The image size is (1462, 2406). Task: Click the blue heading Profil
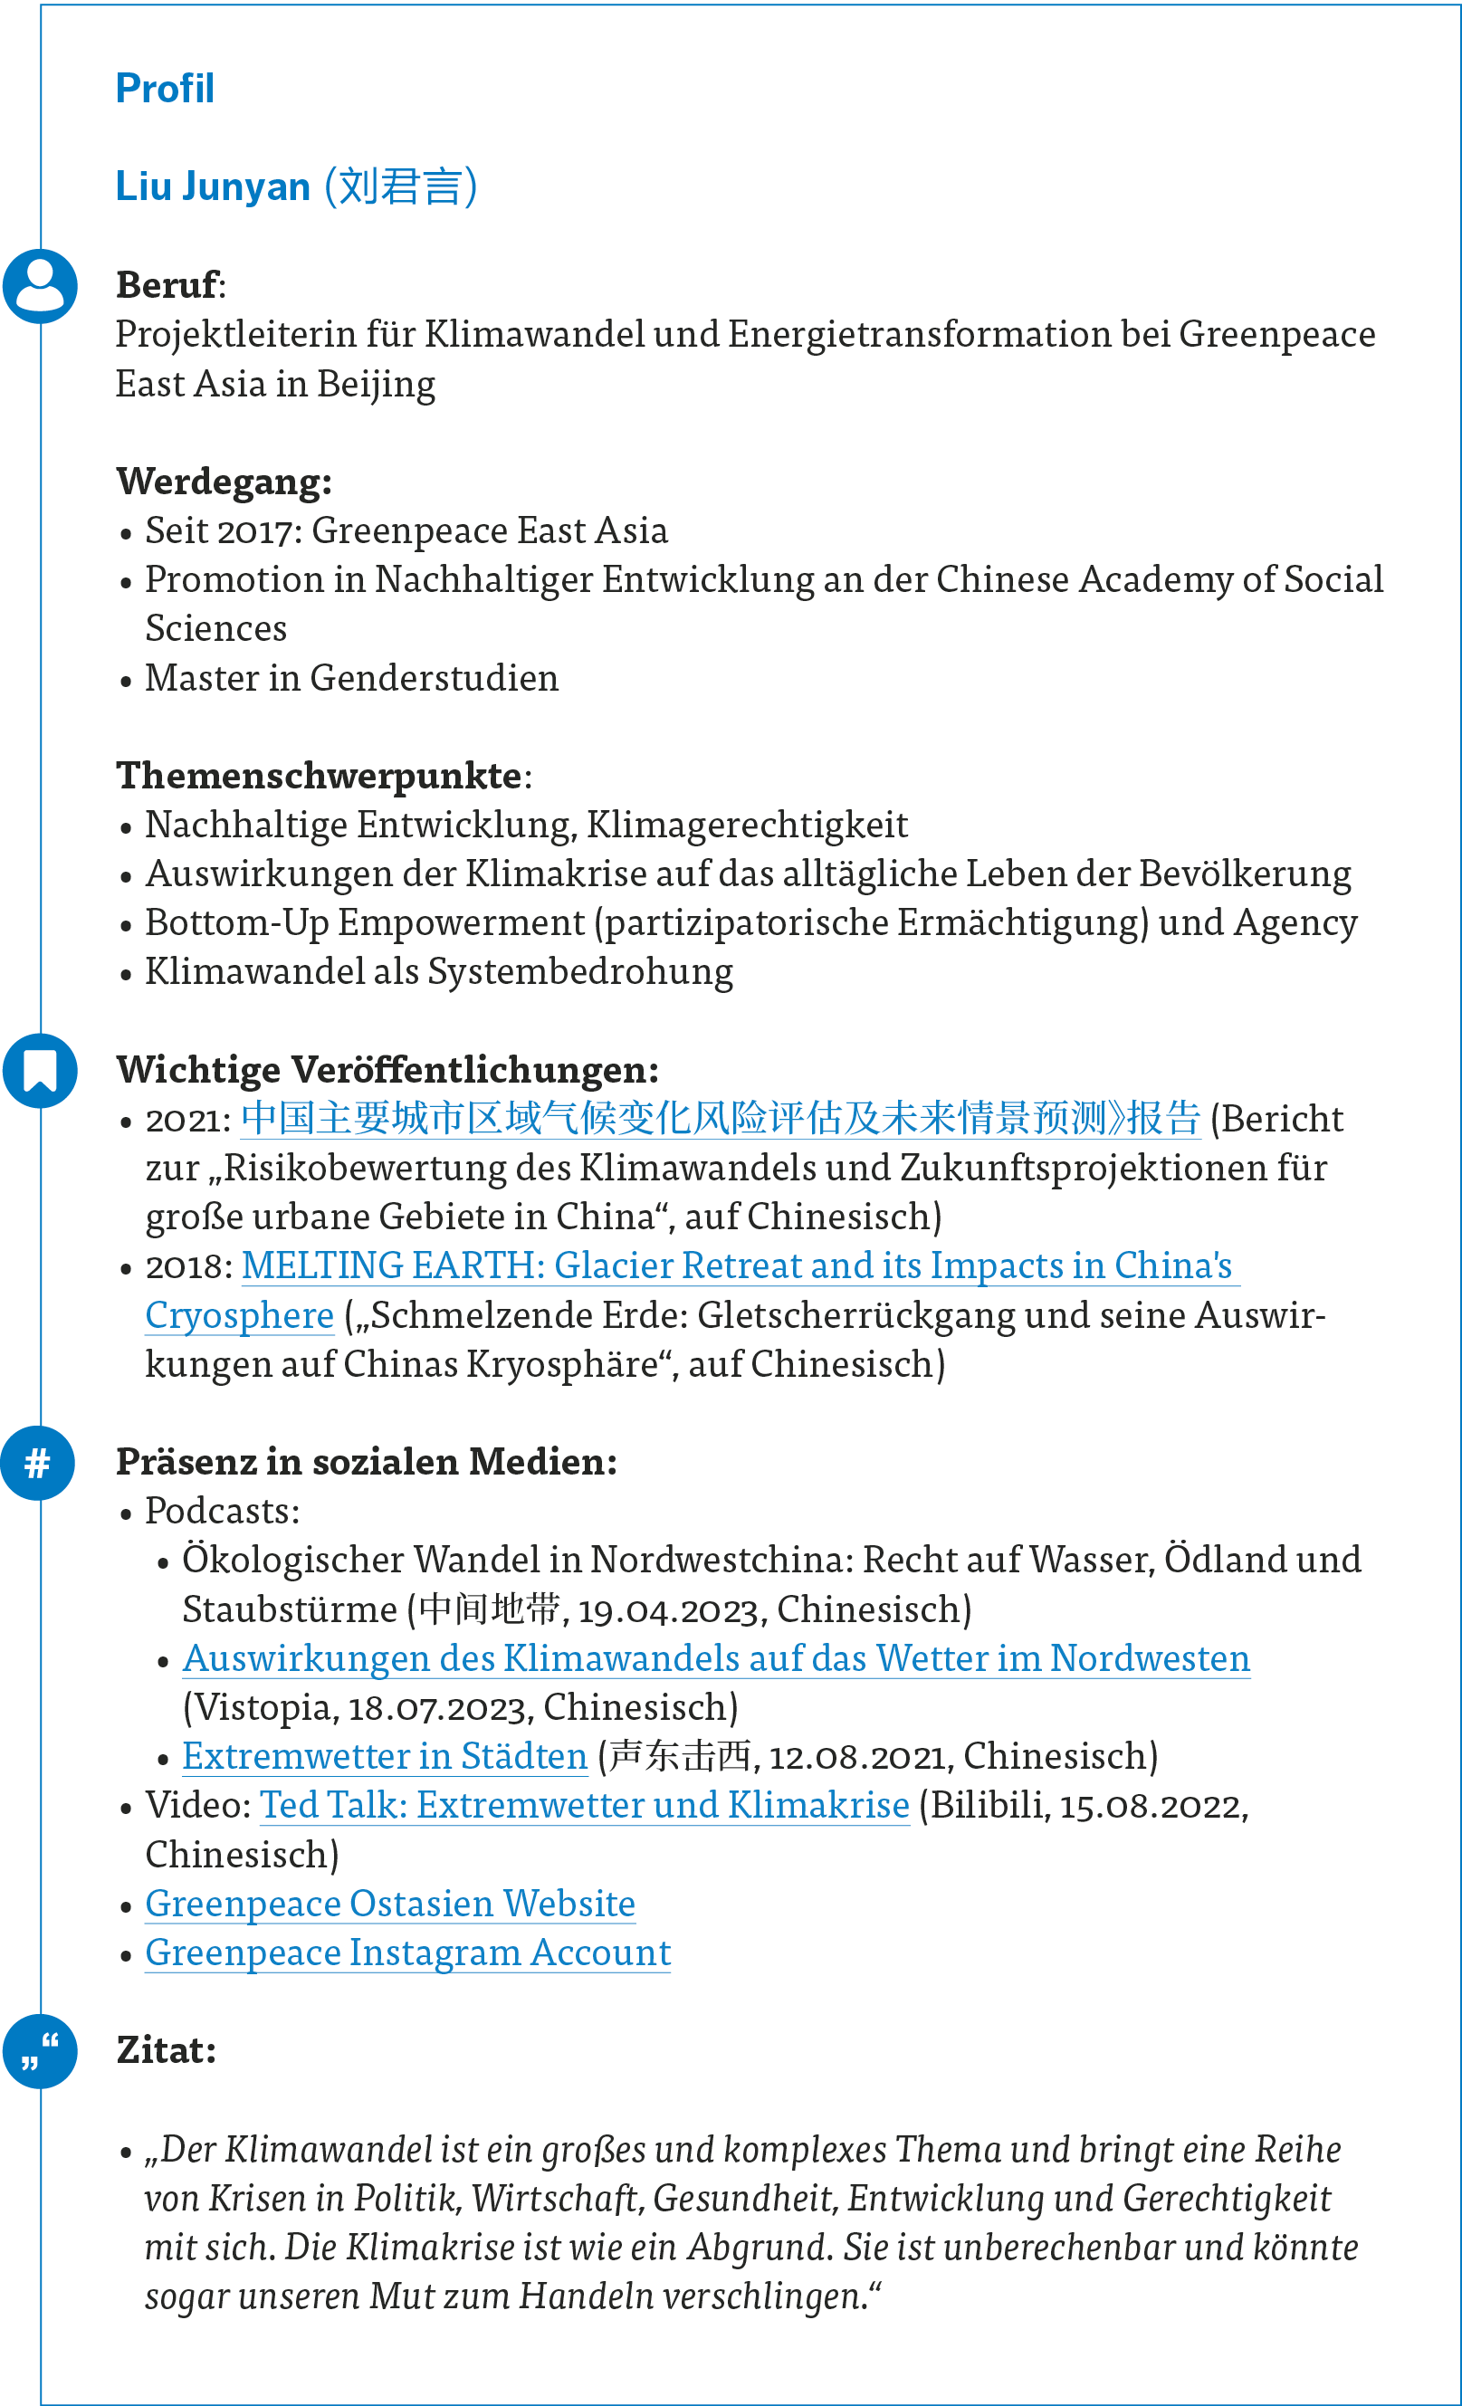[164, 89]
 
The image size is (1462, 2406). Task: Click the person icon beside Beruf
[40, 286]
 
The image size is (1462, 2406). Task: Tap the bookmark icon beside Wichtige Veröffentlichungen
[40, 1070]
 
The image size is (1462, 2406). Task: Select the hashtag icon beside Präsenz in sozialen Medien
[38, 1463]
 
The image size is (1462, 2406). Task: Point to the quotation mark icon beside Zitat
[40, 2050]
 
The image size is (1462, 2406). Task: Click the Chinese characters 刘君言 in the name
[400, 186]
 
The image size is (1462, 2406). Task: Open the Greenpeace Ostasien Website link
[389, 1903]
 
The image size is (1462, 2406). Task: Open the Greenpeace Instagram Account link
[407, 1952]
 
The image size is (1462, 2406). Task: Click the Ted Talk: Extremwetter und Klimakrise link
[584, 1805]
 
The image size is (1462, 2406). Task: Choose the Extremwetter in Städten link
[385, 1756]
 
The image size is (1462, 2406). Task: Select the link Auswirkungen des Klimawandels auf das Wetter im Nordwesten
[716, 1658]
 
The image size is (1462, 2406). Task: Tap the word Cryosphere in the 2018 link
[239, 1315]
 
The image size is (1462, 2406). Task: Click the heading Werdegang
[224, 482]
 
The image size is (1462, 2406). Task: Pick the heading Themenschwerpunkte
[319, 776]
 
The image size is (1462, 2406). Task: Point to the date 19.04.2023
[668, 1609]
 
